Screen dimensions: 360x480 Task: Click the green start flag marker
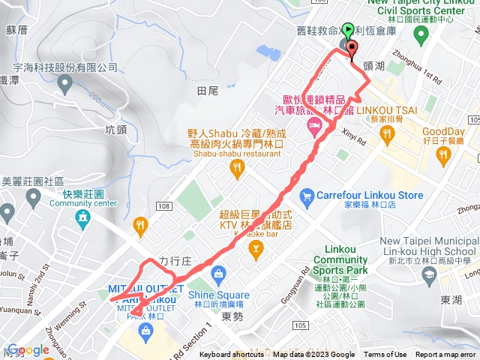click(348, 31)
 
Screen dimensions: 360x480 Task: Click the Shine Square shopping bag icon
click(219, 273)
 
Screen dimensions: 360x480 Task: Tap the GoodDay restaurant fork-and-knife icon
click(443, 156)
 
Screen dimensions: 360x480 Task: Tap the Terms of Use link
click(385, 355)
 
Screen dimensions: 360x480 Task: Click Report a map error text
click(445, 355)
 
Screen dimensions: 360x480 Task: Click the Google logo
click(28, 349)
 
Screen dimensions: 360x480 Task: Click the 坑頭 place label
click(116, 129)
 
